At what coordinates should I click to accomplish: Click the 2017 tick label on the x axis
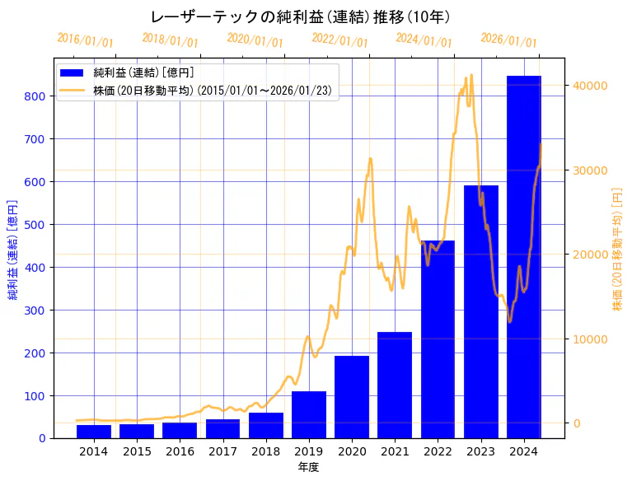(222, 451)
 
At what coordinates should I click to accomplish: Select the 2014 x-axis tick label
(94, 451)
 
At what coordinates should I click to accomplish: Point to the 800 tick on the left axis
(35, 96)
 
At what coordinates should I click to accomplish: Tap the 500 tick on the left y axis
(35, 224)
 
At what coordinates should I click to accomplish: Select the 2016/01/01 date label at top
(86, 40)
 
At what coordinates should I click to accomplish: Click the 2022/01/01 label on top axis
(340, 40)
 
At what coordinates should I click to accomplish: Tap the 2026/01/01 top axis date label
(508, 40)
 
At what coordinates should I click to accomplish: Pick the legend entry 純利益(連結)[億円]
(143, 74)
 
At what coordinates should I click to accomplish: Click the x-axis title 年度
(309, 467)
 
